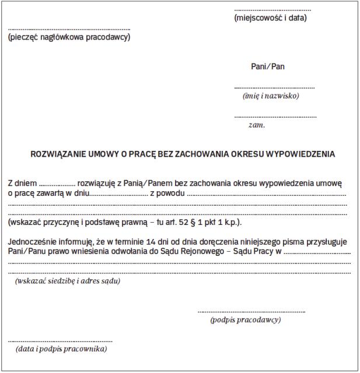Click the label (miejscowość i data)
point(270,18)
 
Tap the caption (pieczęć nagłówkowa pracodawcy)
point(69,38)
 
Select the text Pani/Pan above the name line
point(268,66)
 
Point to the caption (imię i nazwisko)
point(271,96)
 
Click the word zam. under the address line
point(257,125)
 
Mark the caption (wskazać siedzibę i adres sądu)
point(68,281)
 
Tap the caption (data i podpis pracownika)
point(61,349)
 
